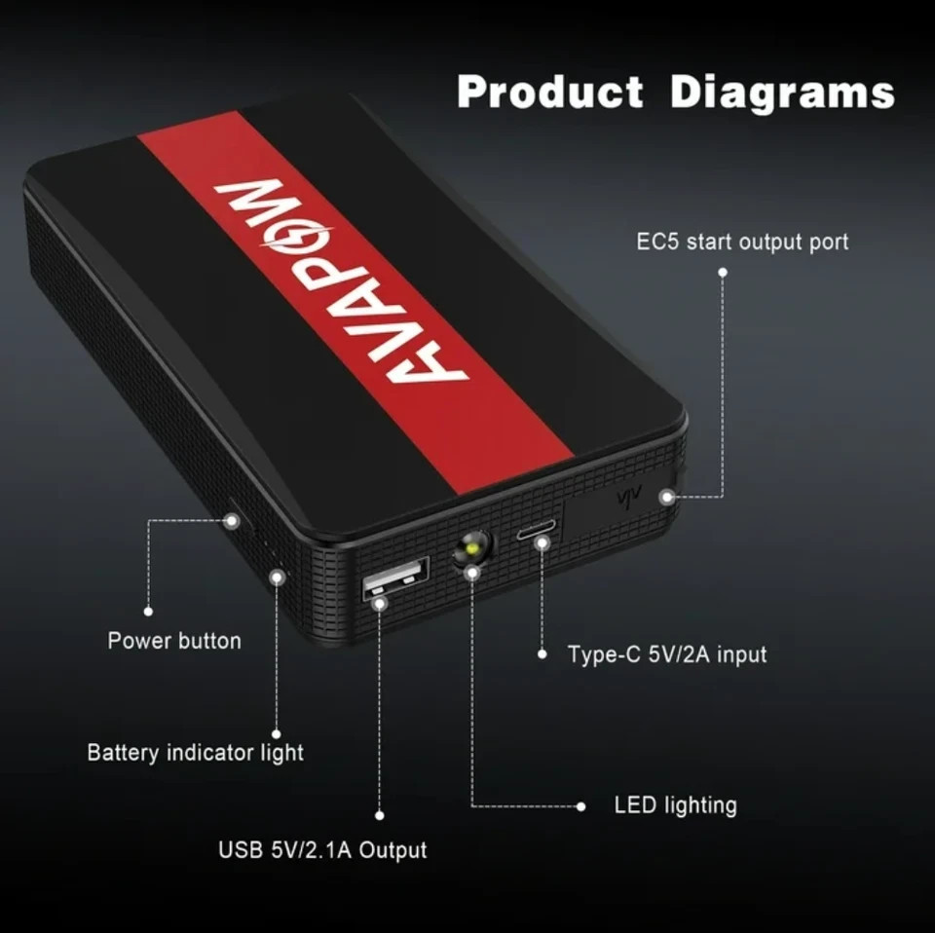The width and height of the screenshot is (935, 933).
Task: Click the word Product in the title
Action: [x=549, y=93]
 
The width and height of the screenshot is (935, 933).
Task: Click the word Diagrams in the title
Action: [x=782, y=94]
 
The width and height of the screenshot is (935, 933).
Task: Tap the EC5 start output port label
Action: [x=742, y=243]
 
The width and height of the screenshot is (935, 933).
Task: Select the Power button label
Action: [x=174, y=641]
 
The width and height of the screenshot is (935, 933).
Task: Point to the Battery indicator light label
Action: [x=195, y=753]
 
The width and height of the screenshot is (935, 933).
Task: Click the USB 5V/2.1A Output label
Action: [x=322, y=849]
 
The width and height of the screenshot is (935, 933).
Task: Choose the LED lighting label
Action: [x=676, y=805]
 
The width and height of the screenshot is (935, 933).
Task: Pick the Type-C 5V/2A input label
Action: [x=666, y=654]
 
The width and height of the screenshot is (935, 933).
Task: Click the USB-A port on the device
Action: [x=396, y=577]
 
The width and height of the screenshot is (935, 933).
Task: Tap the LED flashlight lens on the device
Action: [x=473, y=547]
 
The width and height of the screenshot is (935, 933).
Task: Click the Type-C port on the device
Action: [x=536, y=530]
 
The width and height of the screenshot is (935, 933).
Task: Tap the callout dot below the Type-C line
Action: [x=542, y=654]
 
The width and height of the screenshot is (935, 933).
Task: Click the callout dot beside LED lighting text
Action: [x=580, y=806]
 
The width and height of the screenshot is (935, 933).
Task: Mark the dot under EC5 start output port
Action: [x=723, y=273]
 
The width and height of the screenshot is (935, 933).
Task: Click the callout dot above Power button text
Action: [x=148, y=611]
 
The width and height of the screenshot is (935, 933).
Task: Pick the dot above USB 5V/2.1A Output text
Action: [x=379, y=815]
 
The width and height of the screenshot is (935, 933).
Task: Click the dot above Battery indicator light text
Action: [x=276, y=734]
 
